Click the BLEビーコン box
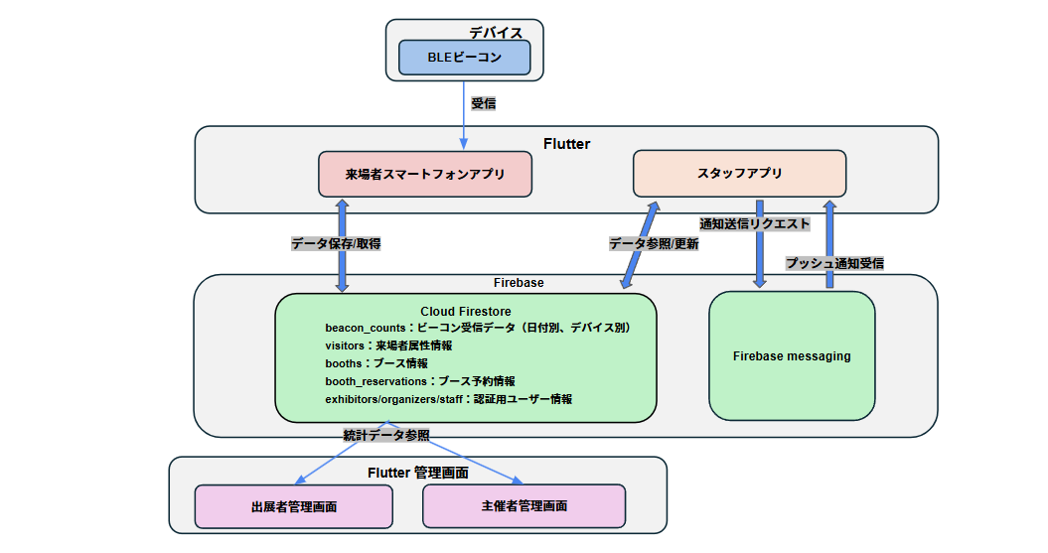pos(464,58)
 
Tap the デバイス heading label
pos(496,32)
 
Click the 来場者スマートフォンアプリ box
pos(425,174)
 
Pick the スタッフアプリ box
pos(739,173)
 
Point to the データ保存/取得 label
pos(336,243)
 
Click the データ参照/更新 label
pos(653,243)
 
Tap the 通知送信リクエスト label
pos(754,224)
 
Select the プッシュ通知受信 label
pos(834,263)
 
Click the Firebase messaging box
pos(792,355)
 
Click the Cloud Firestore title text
pos(465,312)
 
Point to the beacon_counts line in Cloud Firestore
pos(478,327)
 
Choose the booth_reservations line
pos(419,380)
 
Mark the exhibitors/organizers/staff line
pos(448,398)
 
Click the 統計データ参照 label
pos(386,435)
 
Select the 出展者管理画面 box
pos(293,506)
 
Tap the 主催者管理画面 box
pos(524,506)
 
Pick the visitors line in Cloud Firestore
pos(388,345)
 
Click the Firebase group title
pos(519,283)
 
